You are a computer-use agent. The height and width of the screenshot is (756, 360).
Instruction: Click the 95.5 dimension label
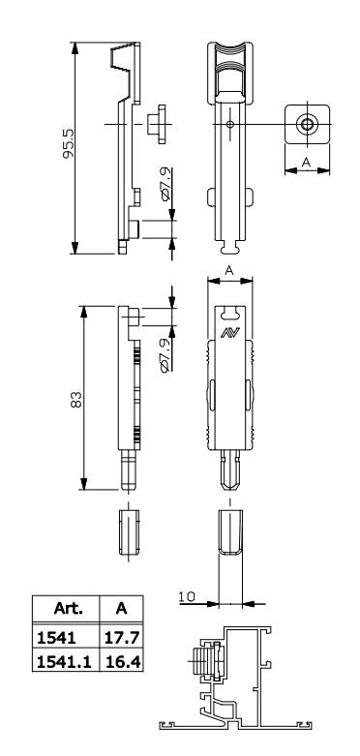[x=69, y=143]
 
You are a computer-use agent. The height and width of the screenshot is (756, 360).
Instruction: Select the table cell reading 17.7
[x=121, y=638]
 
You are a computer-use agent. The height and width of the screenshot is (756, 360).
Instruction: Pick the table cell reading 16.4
[x=121, y=661]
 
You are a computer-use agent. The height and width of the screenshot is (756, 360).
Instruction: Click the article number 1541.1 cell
[x=65, y=661]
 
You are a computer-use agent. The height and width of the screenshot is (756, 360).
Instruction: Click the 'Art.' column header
[x=68, y=609]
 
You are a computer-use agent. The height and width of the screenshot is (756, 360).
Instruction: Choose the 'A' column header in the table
[x=121, y=609]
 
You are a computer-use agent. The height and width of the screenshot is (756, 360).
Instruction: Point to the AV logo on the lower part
[x=230, y=332]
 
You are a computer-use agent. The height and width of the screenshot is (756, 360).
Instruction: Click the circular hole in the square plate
[x=307, y=125]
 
